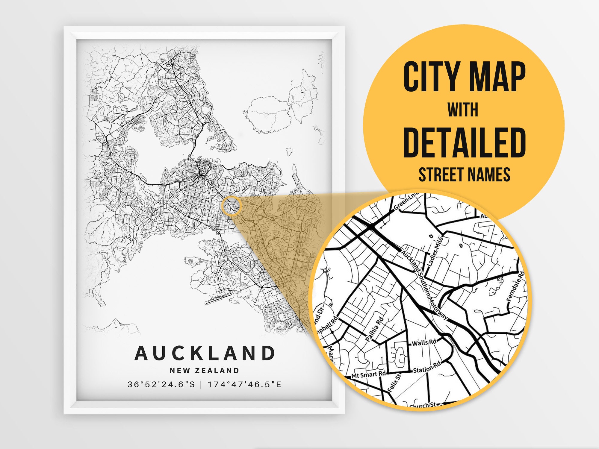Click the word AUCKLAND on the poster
point(205,353)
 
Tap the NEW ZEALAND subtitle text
point(205,371)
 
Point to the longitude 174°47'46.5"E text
point(245,384)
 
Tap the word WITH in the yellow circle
point(463,110)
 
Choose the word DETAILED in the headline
point(465,142)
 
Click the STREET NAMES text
point(465,175)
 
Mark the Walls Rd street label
point(424,342)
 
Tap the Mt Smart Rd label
point(368,374)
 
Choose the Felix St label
point(394,383)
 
